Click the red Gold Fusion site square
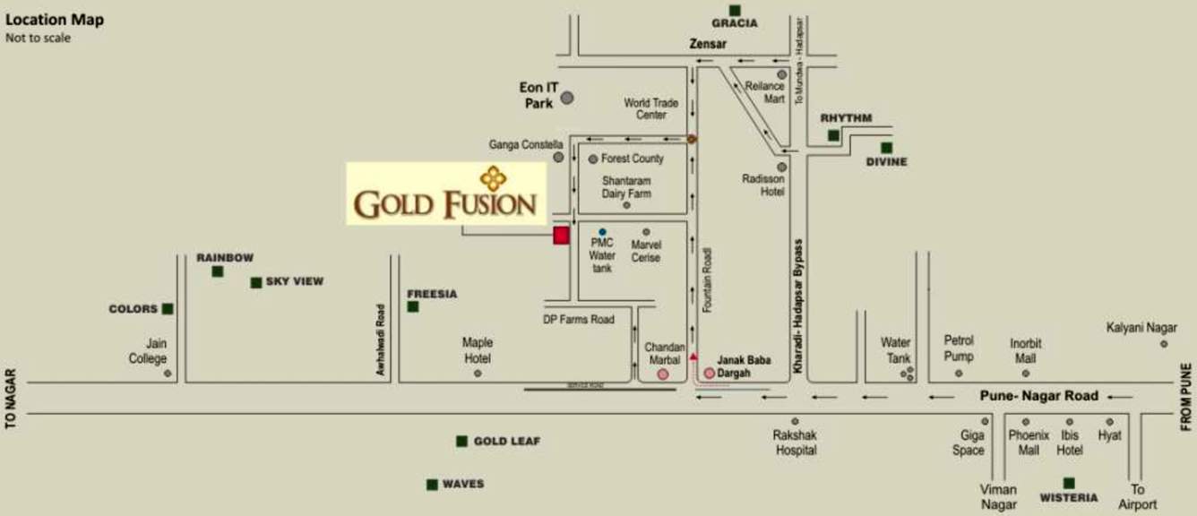[x=561, y=236]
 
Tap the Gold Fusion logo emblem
[x=493, y=177]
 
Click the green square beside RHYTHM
[x=833, y=135]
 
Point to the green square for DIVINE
[x=886, y=148]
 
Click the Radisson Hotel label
[x=763, y=185]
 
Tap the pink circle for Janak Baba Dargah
[x=710, y=373]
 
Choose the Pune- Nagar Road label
[x=1039, y=396]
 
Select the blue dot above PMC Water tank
[x=602, y=232]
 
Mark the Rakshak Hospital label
[x=795, y=443]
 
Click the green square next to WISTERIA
[x=1069, y=483]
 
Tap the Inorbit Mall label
[x=1025, y=351]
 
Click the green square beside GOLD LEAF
[x=461, y=441]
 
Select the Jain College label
[x=148, y=351]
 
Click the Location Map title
[x=55, y=20]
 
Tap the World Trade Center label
[x=651, y=108]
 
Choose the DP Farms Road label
[x=579, y=319]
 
